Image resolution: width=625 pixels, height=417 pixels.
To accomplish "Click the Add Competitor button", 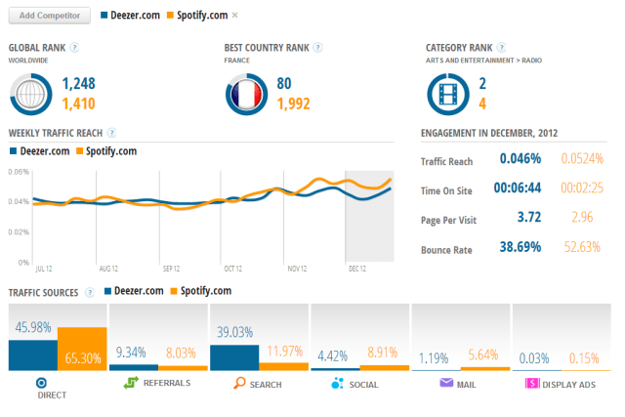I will pos(49,16).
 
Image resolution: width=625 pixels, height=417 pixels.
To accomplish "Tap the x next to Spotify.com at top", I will pos(234,16).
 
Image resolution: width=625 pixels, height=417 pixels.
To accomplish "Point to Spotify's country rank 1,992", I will pos(299,103).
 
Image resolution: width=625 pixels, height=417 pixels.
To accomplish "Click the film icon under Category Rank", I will pos(448,93).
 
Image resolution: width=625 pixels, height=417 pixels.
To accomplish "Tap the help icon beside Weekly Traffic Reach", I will pos(111,132).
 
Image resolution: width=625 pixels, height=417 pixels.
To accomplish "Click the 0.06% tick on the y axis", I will pos(19,172).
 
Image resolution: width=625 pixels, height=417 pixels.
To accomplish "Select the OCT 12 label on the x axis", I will pos(232,268).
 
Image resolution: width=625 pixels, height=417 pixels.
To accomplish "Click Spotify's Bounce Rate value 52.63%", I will pos(582,249).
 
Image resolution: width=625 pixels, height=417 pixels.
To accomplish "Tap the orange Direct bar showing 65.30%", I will pos(83,349).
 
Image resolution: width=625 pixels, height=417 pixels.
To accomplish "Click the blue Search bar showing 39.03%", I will pos(233,356).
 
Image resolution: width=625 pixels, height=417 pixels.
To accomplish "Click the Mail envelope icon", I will pos(445,383).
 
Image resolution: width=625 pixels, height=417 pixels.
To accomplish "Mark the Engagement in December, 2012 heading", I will pos(487,133).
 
